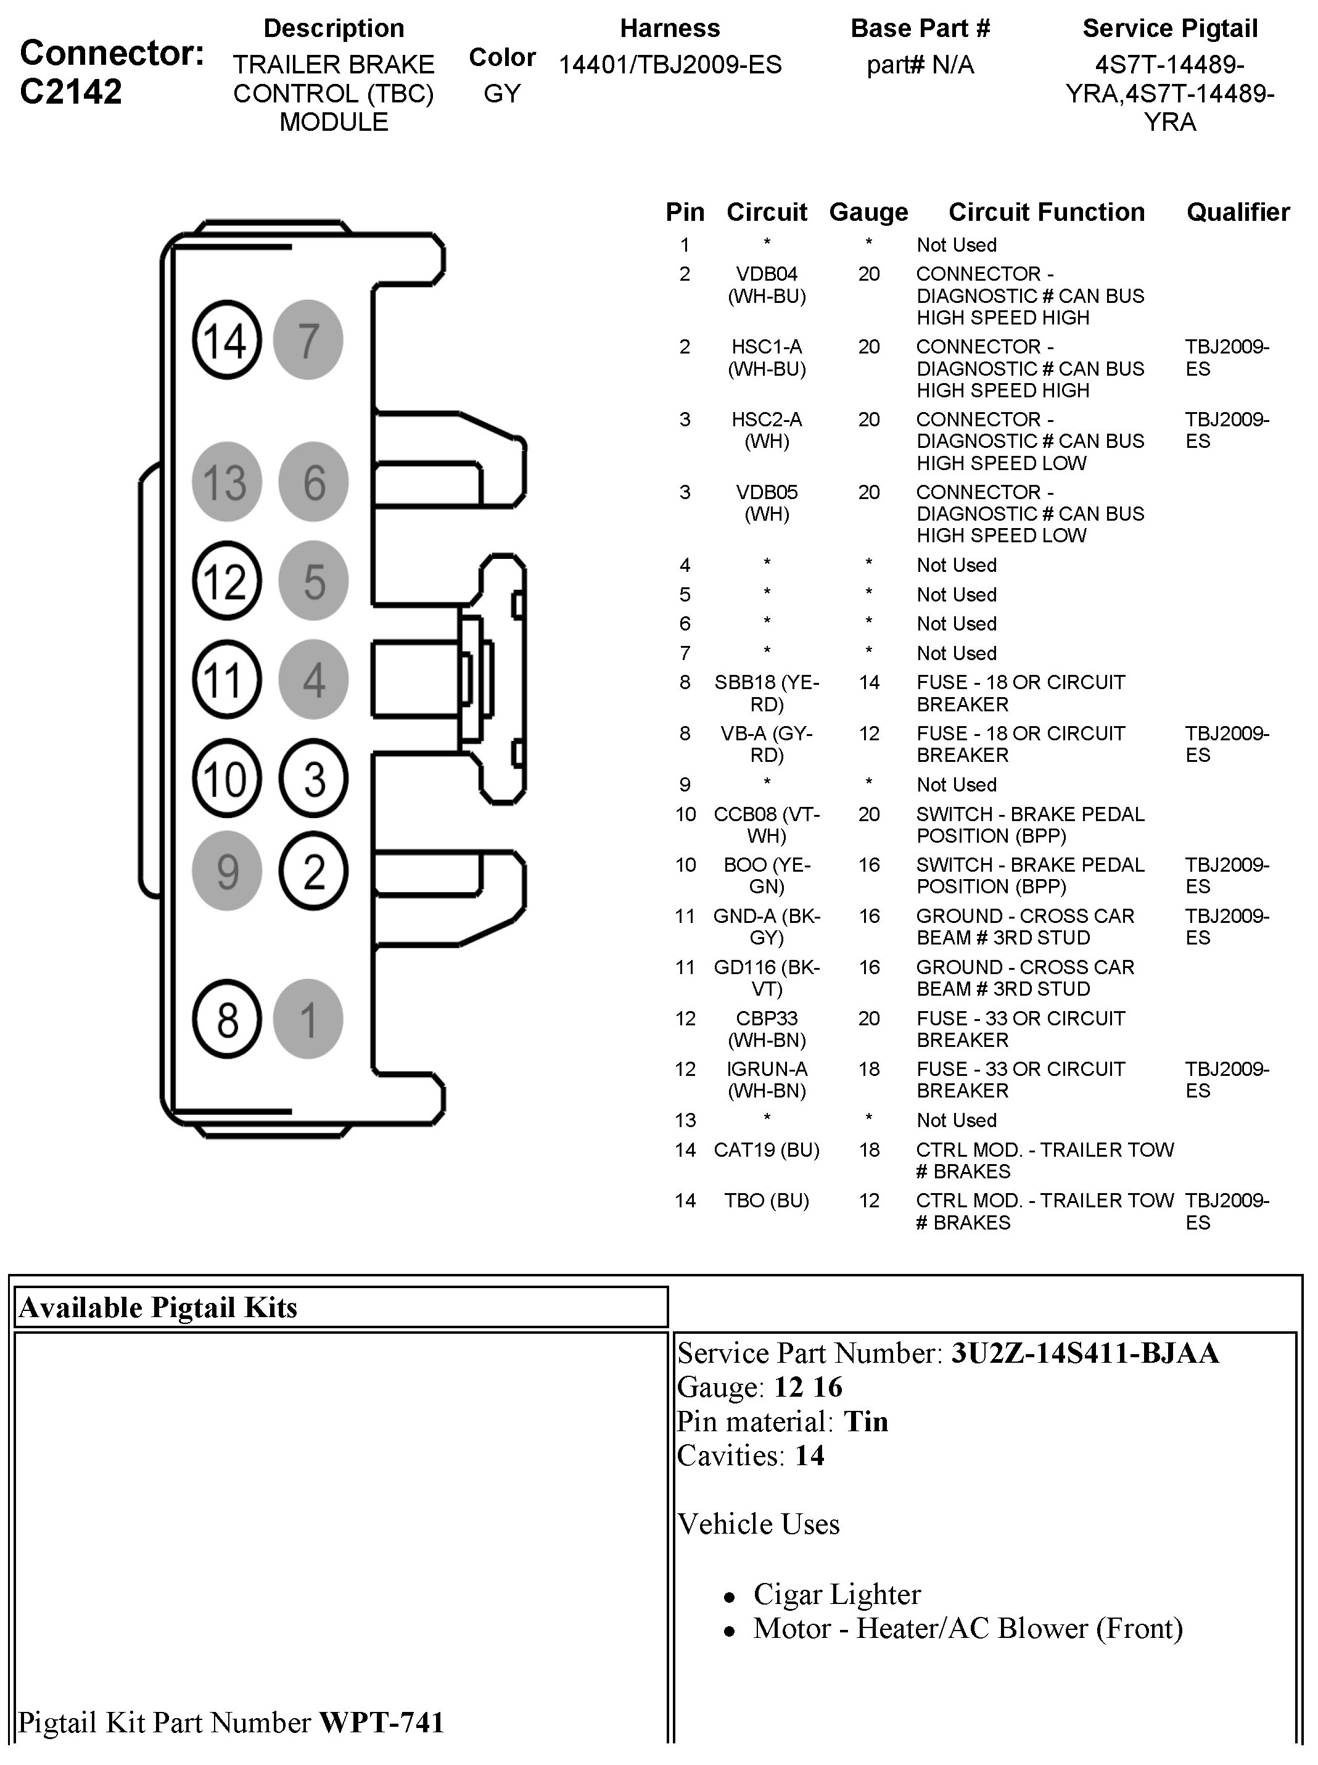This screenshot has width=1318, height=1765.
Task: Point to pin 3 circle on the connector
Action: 313,779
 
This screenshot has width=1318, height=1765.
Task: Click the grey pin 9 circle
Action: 228,870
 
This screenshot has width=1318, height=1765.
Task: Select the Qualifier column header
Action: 1237,212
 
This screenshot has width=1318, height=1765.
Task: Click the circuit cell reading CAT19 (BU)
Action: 766,1150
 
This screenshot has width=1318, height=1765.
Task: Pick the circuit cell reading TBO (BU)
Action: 766,1201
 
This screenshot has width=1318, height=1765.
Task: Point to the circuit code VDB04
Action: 766,275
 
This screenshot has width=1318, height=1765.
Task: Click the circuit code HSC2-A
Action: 766,420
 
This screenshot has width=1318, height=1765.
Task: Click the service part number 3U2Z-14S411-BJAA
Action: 1085,1354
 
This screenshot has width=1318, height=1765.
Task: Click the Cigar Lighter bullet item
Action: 836,1594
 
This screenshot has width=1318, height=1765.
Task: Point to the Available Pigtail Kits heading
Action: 158,1308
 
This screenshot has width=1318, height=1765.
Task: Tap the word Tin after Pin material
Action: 866,1422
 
